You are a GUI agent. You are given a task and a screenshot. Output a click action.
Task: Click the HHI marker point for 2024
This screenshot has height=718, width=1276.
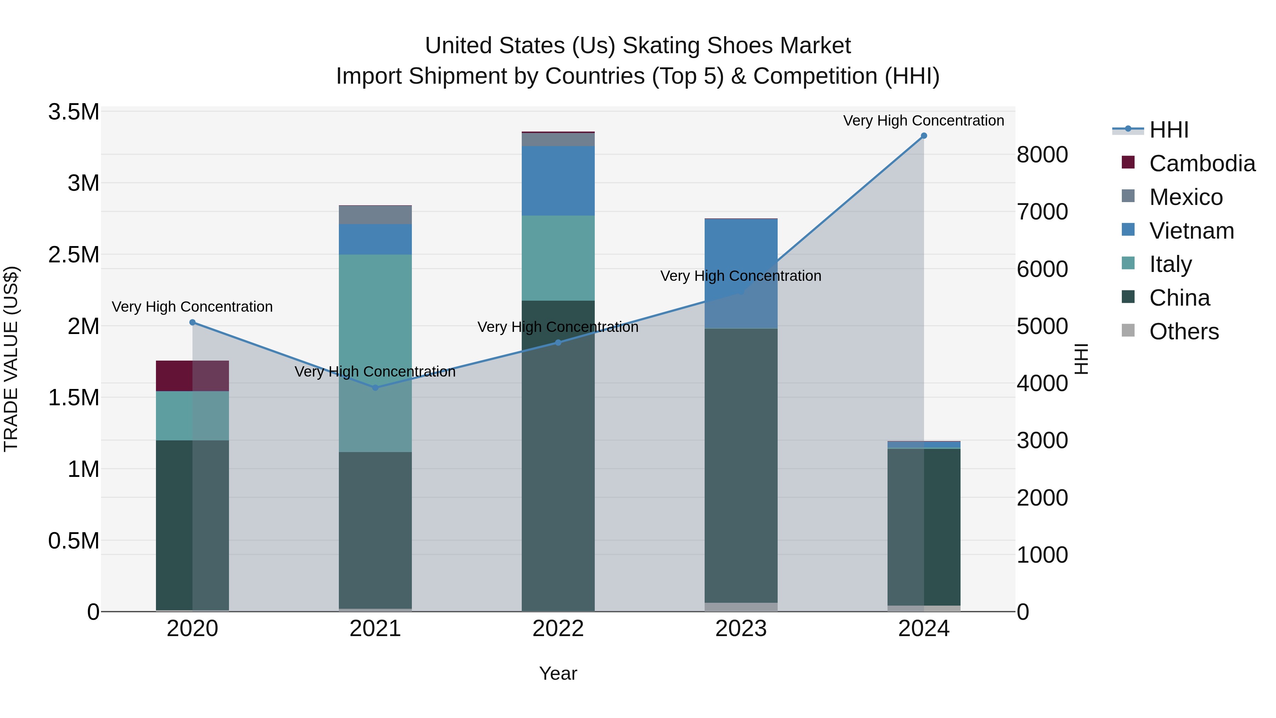(x=924, y=136)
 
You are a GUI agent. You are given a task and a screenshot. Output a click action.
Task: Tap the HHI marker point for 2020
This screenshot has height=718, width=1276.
(x=193, y=323)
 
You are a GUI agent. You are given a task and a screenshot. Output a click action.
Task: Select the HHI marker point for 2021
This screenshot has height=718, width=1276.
(x=375, y=388)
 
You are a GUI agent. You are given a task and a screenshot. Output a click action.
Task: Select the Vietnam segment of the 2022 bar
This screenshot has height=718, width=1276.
(x=558, y=181)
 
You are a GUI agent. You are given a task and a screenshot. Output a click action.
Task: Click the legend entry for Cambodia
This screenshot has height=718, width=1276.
(x=1202, y=163)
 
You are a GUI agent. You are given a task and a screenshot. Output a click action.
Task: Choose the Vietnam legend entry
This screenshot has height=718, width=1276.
(x=1191, y=231)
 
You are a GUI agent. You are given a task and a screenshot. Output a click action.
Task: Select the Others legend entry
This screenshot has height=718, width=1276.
(x=1184, y=332)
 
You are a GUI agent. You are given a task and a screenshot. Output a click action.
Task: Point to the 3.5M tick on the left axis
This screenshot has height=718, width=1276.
(x=74, y=112)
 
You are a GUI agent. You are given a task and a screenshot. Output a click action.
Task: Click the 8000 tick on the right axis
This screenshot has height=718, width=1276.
(x=1042, y=155)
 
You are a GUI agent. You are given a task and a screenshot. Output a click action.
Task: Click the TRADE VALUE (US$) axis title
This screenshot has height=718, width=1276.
(x=11, y=359)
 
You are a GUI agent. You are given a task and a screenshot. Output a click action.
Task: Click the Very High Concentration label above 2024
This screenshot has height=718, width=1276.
(x=923, y=121)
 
